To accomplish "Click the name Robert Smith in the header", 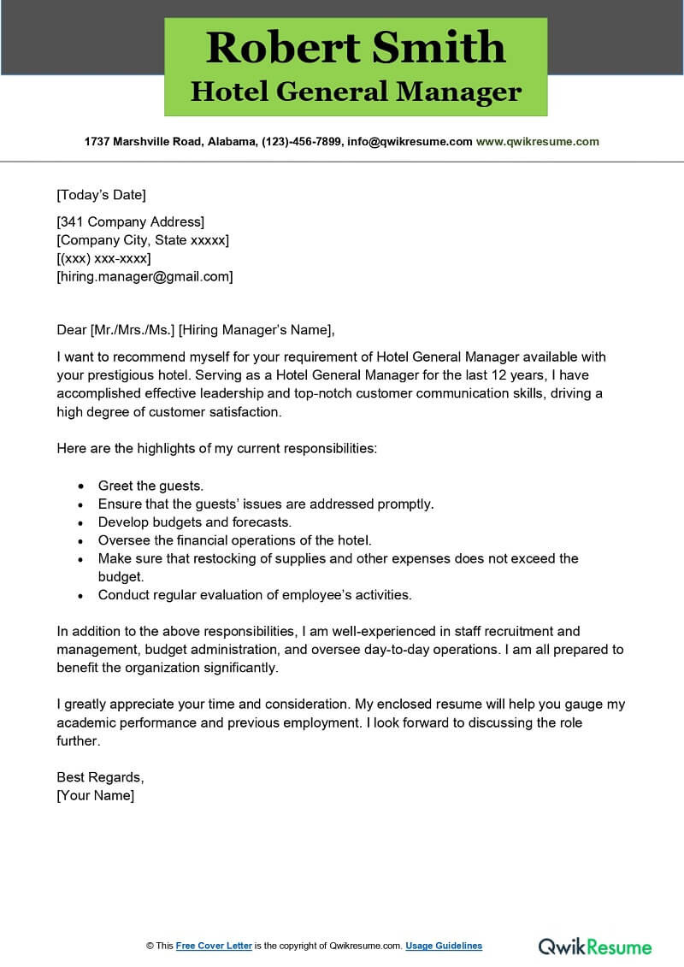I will point(356,47).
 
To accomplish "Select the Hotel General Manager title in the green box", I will point(356,91).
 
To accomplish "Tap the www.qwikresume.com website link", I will point(537,142).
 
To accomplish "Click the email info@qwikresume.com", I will point(409,142).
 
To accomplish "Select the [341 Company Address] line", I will point(130,222).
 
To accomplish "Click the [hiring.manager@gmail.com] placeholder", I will point(144,276).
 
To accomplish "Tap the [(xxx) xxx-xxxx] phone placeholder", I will point(103,258).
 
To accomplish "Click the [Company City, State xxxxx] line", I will point(143,240).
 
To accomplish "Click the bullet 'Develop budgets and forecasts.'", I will point(195,522).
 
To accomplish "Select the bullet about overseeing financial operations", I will point(235,540).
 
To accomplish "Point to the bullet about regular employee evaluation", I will point(255,594).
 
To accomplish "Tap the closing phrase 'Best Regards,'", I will point(100,777).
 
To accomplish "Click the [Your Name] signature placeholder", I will point(95,795).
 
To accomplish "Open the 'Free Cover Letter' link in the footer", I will point(214,946).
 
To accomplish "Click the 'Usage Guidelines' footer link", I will point(444,946).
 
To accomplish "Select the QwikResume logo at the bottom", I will point(595,946).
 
